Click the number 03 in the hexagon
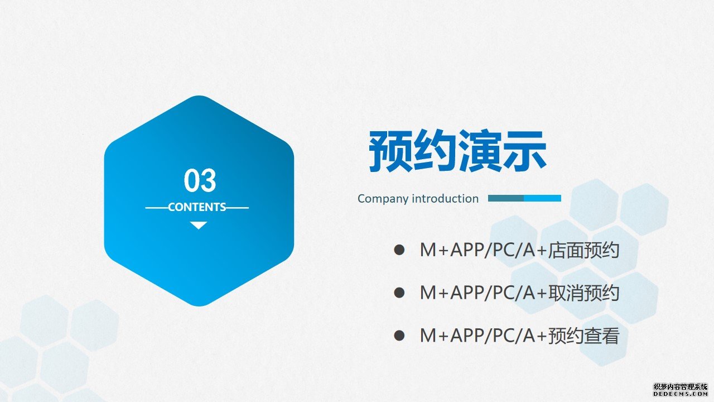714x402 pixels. point(200,180)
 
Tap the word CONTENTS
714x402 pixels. point(197,207)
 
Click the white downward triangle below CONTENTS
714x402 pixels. point(199,225)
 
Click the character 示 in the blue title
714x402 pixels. point(525,151)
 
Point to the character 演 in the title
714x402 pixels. point(480,151)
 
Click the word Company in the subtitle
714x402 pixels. point(383,199)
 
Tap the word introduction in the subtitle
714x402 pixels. point(445,198)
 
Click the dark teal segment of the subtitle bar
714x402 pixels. point(506,198)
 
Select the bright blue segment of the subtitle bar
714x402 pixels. point(543,198)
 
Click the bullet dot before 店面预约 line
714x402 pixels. point(399,250)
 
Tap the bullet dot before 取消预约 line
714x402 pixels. point(399,293)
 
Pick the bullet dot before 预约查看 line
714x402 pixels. point(399,336)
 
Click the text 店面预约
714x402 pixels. point(583,250)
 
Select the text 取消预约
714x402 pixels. point(583,293)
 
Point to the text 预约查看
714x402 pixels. point(583,336)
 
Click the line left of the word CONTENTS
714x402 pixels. point(157,208)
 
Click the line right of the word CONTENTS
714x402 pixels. point(238,208)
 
